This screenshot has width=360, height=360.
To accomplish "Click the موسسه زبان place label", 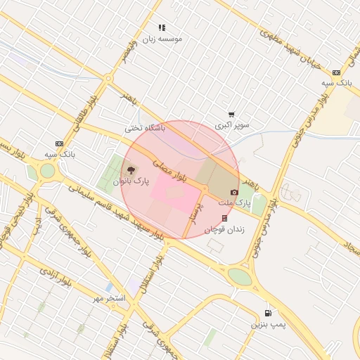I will click(163, 39).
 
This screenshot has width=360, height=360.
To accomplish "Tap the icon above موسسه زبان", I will click(162, 28).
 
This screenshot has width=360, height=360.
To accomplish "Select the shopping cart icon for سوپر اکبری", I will click(231, 115).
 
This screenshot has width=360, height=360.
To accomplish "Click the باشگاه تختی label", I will click(144, 128).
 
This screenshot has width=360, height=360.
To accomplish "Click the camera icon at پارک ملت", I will click(234, 192).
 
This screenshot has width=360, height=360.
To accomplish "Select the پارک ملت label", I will click(238, 202).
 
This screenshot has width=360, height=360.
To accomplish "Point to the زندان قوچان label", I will click(224, 229).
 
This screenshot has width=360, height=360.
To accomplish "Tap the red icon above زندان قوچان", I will click(224, 218).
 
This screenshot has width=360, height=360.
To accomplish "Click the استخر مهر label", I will click(110, 298).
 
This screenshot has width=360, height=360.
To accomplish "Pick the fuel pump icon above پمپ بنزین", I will click(268, 314).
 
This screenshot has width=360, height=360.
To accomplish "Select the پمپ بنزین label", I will click(268, 325).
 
